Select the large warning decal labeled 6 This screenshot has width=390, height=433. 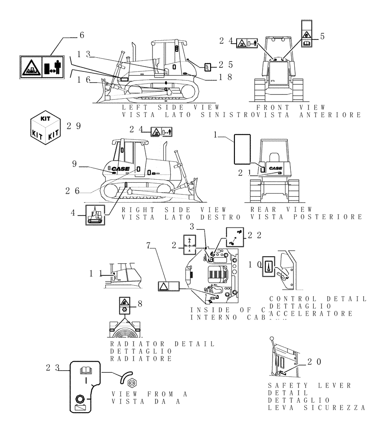[x=42, y=68]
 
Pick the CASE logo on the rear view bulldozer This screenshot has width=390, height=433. [x=276, y=168]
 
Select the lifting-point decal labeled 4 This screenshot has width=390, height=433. [x=95, y=214]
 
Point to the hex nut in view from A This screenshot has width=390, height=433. [x=133, y=383]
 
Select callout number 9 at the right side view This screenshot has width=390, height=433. [x=75, y=165]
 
